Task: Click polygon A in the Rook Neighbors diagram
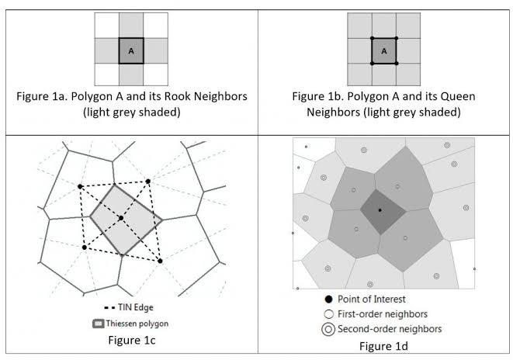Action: (x=131, y=50)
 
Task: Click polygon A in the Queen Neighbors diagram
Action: (x=383, y=50)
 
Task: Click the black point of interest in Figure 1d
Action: (x=380, y=210)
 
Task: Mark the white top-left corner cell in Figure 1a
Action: (x=106, y=25)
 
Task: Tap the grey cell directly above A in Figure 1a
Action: (x=131, y=25)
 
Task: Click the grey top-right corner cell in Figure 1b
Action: (x=409, y=25)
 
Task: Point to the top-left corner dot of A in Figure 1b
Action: (x=372, y=38)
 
